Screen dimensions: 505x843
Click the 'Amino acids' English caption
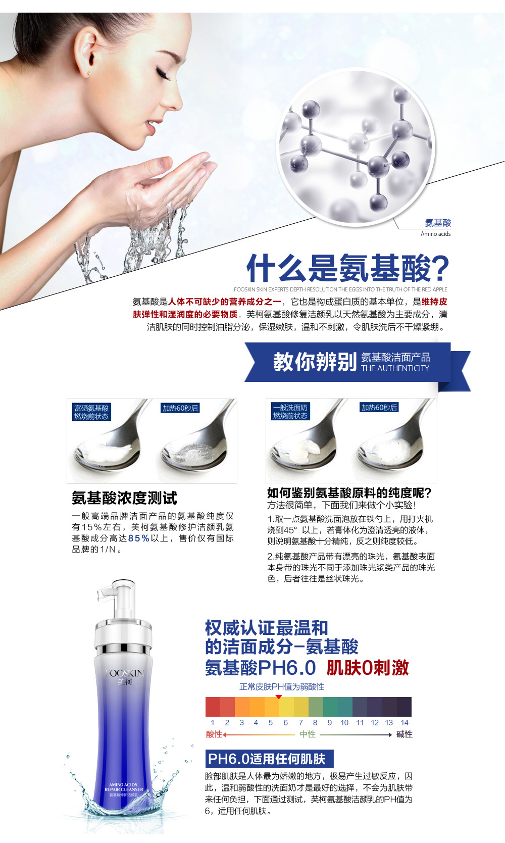coord(435,234)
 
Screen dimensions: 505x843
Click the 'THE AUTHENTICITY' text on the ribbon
coord(395,368)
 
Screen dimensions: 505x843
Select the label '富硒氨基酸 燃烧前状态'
coord(91,412)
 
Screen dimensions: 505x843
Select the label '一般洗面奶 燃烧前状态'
coord(290,411)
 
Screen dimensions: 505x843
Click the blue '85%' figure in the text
coord(139,538)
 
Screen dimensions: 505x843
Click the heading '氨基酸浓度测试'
coord(124,498)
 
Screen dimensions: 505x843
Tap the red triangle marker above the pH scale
coord(279,697)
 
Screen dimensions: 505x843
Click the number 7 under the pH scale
coord(300,722)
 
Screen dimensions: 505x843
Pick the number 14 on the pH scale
coord(405,722)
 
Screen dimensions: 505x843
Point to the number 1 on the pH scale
coord(213,722)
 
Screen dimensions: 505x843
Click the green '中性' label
coord(308,734)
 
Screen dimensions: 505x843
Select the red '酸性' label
coord(214,734)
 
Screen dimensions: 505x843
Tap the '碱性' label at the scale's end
coord(405,734)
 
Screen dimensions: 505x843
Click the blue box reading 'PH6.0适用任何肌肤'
coord(270,759)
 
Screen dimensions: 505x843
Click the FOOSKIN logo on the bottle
coord(125,673)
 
